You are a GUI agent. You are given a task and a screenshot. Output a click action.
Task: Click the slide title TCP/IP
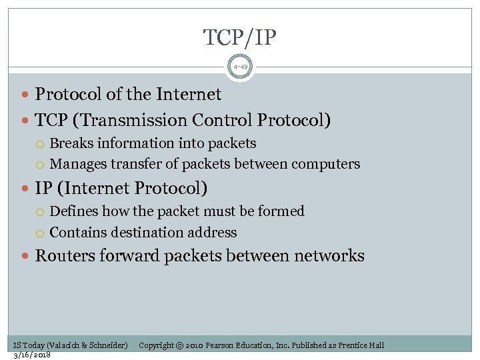pyautogui.click(x=240, y=38)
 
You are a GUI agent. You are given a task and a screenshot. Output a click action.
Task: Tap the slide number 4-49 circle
pyautogui.click(x=240, y=67)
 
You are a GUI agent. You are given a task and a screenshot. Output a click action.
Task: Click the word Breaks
pyautogui.click(x=71, y=143)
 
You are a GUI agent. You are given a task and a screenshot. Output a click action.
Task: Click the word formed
pyautogui.click(x=282, y=211)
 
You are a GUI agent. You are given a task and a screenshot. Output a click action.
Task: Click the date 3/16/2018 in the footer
pyautogui.click(x=32, y=354)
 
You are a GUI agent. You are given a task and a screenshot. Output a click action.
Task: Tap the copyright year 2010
pyautogui.click(x=191, y=345)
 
